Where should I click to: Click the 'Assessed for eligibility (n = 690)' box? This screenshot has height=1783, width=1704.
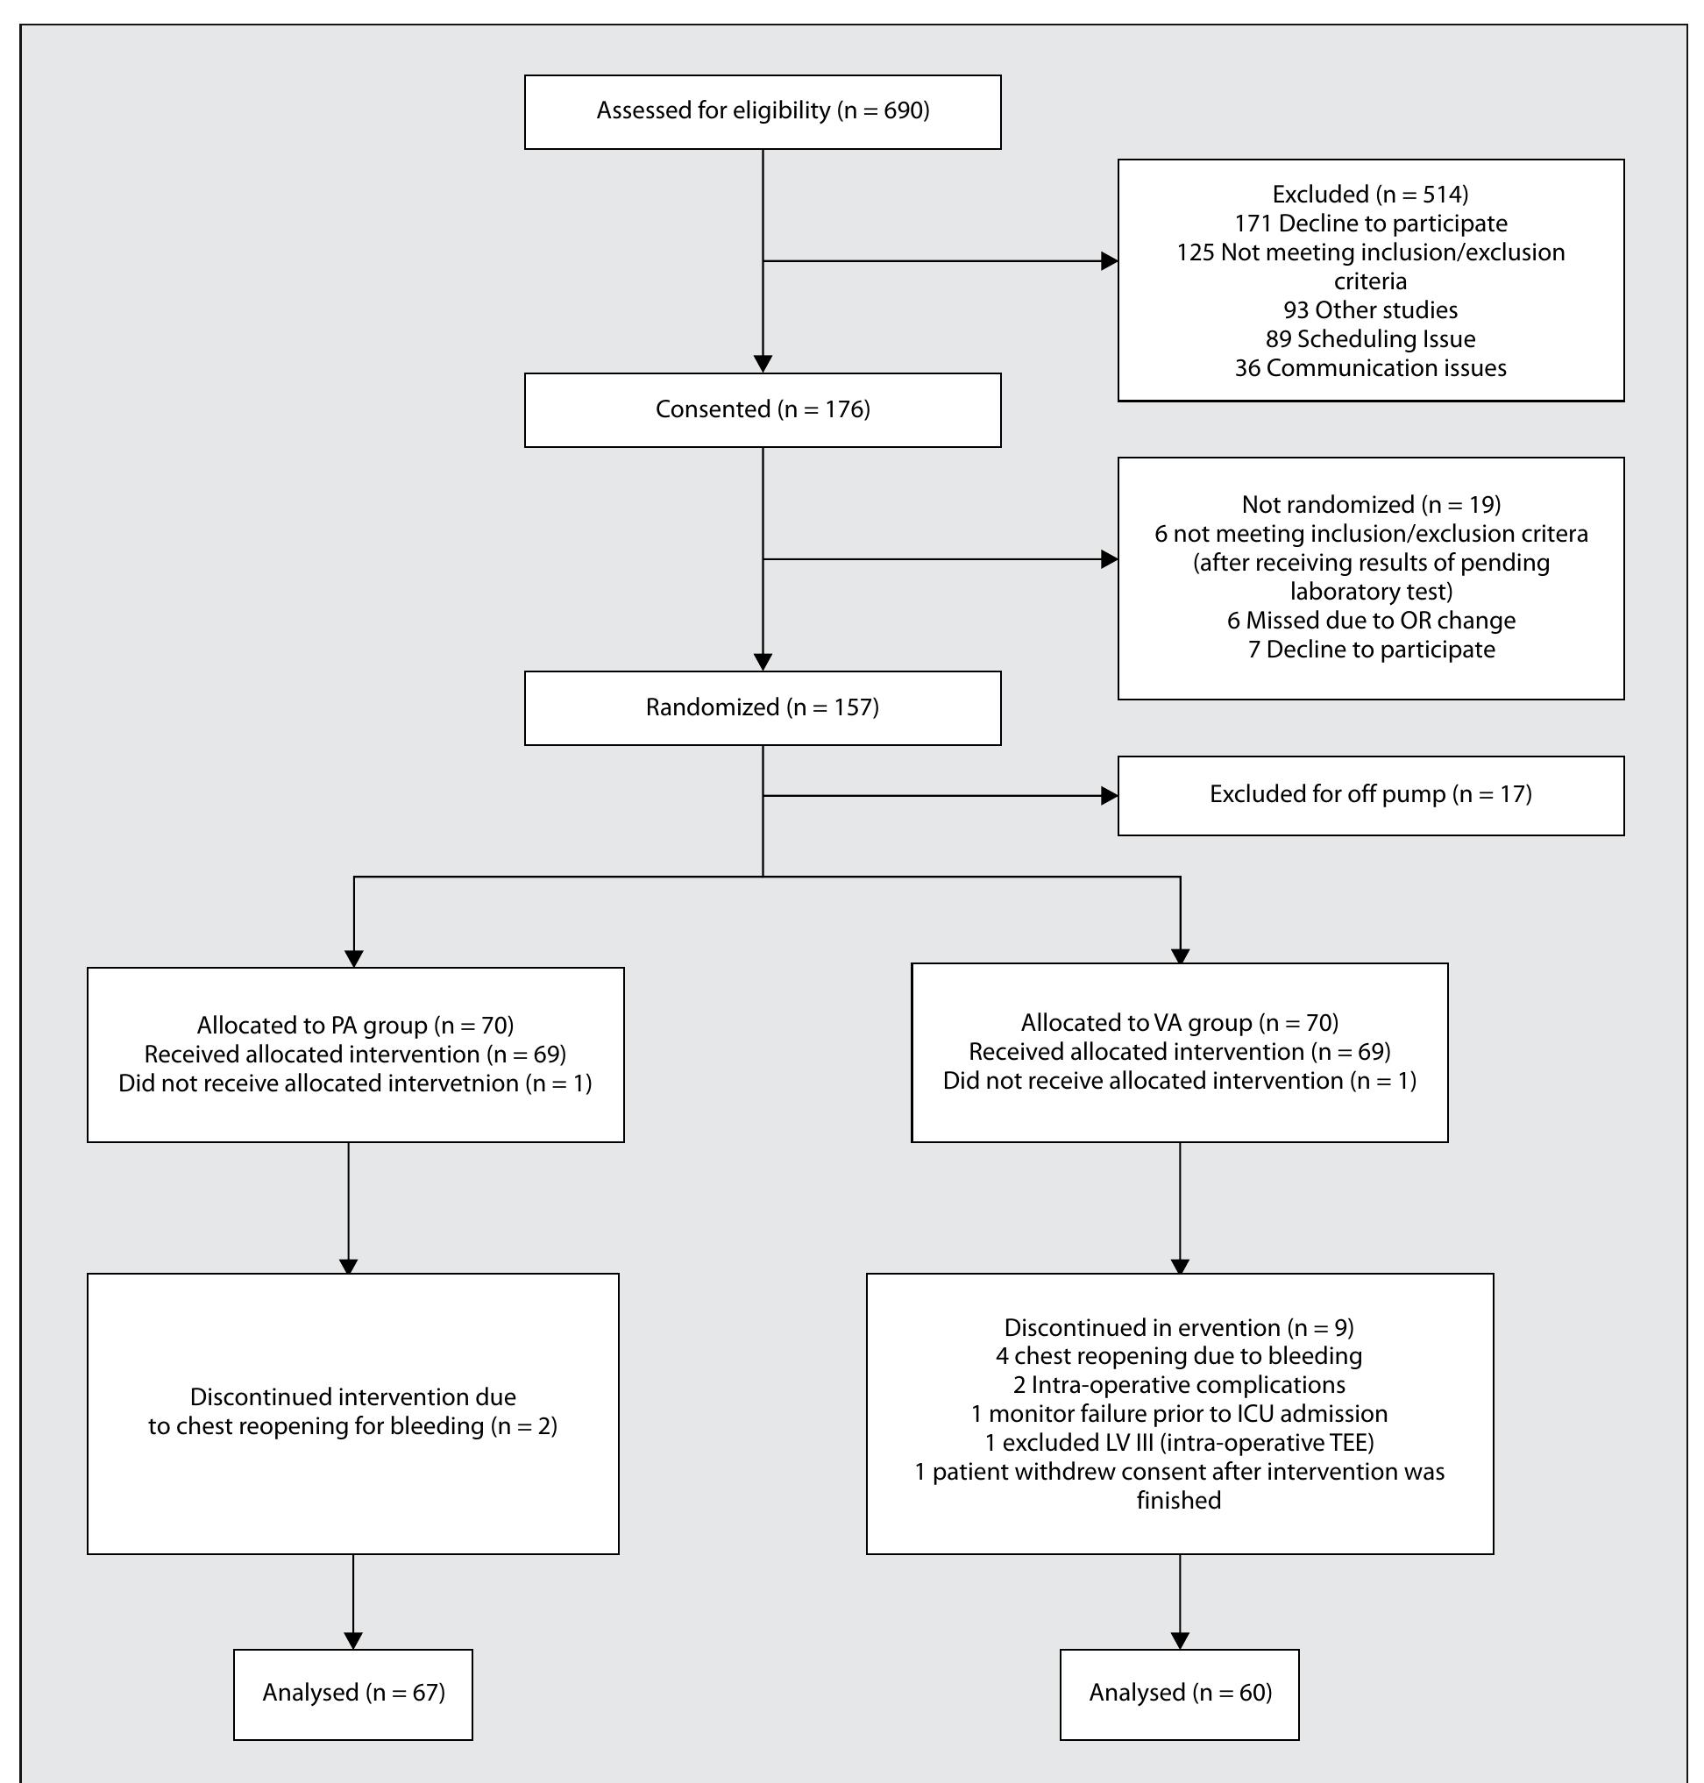[762, 111]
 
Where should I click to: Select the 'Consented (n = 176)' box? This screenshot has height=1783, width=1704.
[762, 409]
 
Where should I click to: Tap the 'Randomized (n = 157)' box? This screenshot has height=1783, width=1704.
[762, 707]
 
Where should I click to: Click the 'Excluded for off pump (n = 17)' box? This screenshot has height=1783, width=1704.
[1370, 795]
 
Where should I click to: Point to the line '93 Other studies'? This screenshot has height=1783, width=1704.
[1370, 309]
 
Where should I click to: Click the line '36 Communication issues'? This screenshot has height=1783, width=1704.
[1370, 368]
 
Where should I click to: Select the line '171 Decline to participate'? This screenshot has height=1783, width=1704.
[1370, 224]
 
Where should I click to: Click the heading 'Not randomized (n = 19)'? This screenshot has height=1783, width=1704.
[1370, 504]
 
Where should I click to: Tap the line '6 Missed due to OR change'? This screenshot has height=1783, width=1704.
[1370, 621]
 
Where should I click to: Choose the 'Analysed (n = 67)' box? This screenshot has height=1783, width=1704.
[353, 1693]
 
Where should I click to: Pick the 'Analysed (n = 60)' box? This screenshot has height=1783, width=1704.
[1179, 1693]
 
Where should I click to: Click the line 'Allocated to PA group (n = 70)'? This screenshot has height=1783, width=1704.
[355, 1026]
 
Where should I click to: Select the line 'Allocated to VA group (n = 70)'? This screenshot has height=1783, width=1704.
[1179, 1023]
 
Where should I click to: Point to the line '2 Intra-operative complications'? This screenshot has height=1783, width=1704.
[1179, 1385]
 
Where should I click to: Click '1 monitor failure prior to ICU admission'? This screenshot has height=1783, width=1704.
[1179, 1414]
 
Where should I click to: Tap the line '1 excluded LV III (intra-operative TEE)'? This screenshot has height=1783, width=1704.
[1179, 1443]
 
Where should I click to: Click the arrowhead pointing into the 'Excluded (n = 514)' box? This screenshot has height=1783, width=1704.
[1109, 261]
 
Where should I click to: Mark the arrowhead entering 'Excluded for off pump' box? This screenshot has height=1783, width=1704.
[1109, 796]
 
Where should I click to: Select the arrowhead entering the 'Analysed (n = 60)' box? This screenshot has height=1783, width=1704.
[1179, 1640]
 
